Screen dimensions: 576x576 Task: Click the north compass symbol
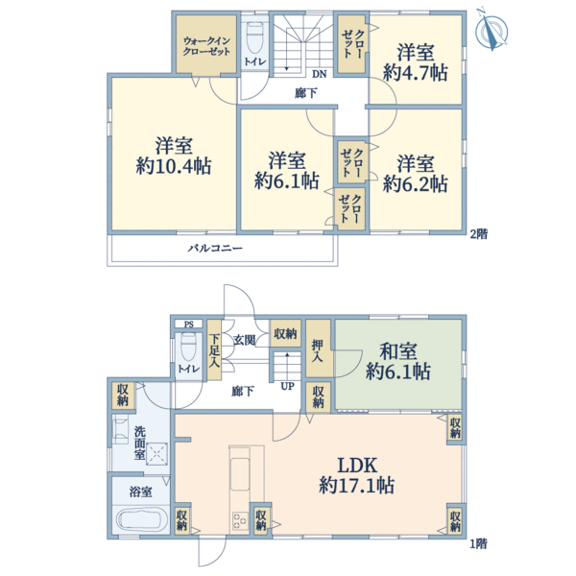[492, 30]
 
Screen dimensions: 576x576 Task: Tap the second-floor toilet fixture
[254, 37]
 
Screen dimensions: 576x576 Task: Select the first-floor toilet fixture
[188, 348]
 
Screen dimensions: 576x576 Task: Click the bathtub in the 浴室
[139, 519]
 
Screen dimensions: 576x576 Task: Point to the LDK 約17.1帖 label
[357, 476]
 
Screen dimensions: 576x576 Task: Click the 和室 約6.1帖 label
[398, 361]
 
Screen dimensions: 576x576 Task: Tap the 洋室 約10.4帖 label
[174, 156]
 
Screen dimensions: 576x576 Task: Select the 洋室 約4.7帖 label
[415, 62]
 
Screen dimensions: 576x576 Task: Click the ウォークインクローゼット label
[206, 46]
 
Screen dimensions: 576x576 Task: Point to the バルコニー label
[215, 249]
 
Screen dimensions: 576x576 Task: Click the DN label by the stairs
[320, 74]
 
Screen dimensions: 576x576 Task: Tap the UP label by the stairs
[287, 387]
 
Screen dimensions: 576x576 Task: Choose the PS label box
[188, 324]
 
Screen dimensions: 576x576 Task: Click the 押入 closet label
[318, 350]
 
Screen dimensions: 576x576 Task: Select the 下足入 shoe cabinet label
[214, 350]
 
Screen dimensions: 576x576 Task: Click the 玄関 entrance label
[244, 340]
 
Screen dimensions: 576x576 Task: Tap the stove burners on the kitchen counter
[239, 521]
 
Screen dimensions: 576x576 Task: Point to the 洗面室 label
[139, 443]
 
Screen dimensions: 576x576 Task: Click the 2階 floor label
[479, 234]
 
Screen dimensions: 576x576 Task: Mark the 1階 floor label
[479, 543]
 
